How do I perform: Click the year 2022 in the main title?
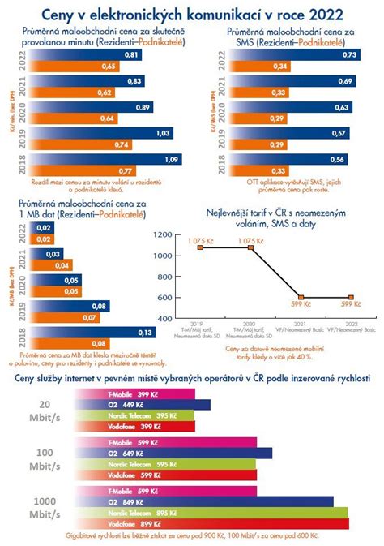(322, 15)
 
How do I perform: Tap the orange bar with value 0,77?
(73, 171)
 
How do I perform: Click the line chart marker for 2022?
(352, 298)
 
